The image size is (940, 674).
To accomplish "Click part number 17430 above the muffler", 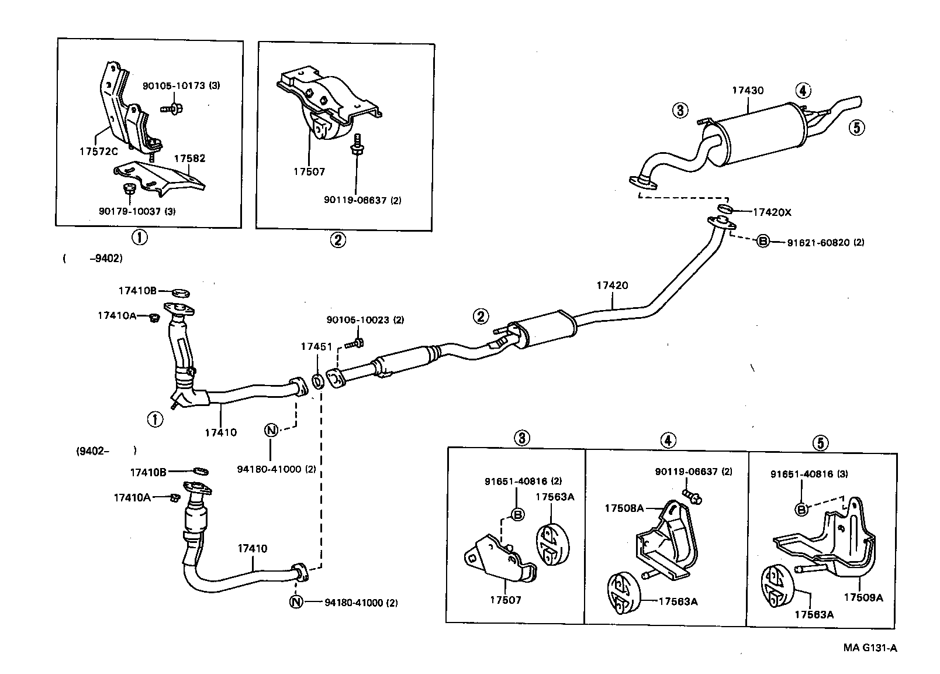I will pos(748,91).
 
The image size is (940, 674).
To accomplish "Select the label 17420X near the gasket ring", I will pos(772,212).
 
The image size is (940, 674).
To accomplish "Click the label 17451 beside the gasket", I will pos(312,346).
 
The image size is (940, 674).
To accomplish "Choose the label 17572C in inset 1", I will pos(98,151).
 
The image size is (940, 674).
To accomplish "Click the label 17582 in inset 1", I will pos(189,158).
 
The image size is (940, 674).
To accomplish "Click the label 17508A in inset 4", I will pos(624,508).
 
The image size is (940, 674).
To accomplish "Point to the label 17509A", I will pos(863,597).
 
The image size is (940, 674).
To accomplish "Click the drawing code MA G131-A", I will pos(870,648).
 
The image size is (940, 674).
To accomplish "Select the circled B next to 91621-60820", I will pos(763,241).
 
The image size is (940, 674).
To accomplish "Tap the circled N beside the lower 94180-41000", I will pos(297,601).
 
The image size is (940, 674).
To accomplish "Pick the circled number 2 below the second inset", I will pos(338,240).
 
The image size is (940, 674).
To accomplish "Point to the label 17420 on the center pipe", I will pos(612,286).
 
